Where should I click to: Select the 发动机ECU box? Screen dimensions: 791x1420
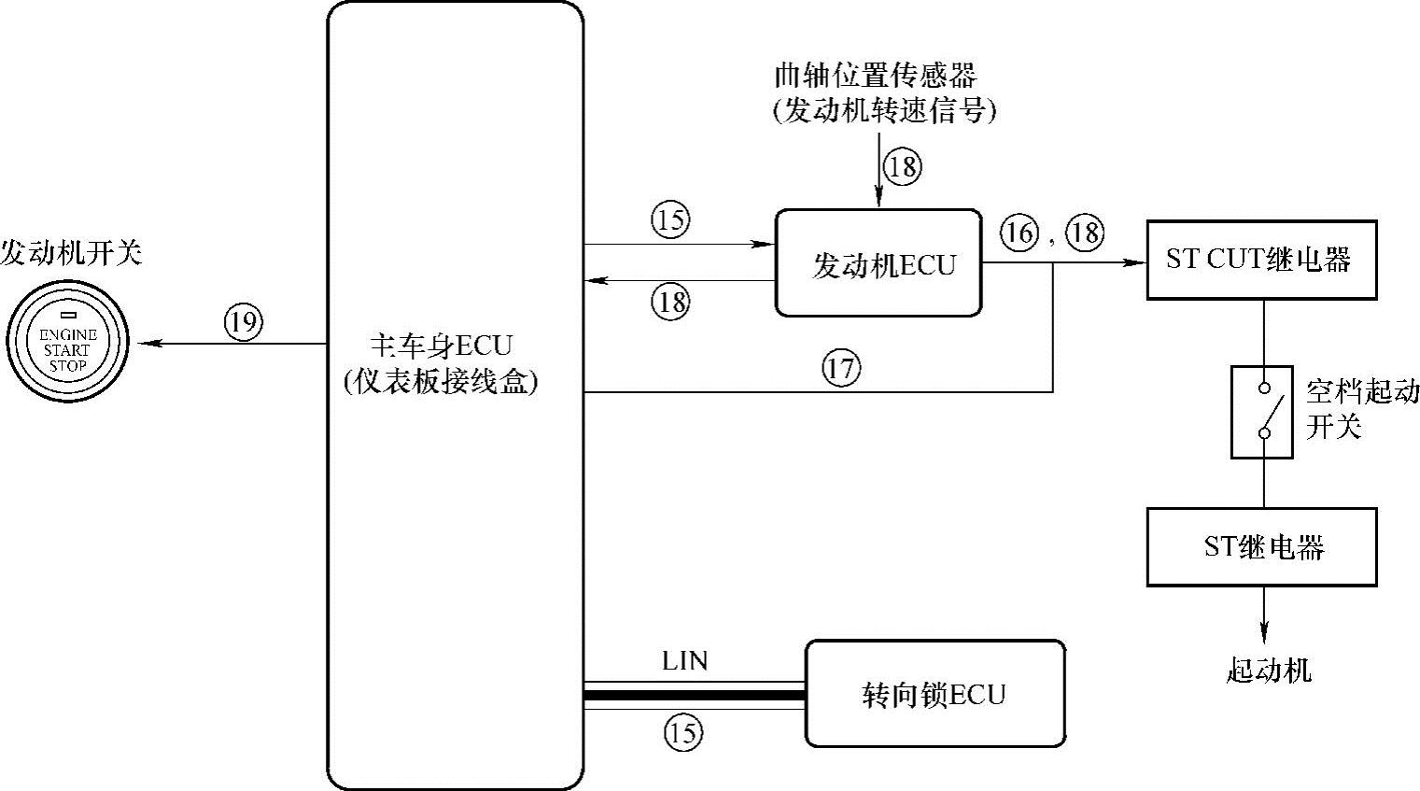[879, 263]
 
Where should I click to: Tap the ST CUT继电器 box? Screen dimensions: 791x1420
[1261, 260]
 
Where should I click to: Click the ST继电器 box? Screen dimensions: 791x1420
[1261, 546]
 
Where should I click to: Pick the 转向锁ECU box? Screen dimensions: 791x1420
[935, 694]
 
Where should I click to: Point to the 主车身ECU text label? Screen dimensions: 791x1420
[442, 346]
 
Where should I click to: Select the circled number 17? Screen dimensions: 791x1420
[841, 368]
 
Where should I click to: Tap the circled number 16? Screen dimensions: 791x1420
[1019, 231]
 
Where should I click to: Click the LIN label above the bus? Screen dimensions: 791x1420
[684, 661]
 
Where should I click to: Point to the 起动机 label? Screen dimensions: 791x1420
[1268, 670]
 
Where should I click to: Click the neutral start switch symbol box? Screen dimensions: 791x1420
[1262, 411]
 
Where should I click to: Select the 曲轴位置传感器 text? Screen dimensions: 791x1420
[875, 75]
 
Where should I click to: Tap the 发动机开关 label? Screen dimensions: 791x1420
[71, 253]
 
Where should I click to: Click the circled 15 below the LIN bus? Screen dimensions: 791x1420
[682, 732]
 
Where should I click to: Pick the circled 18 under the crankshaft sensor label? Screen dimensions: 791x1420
[903, 167]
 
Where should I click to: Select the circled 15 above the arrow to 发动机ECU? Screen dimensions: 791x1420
[670, 220]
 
